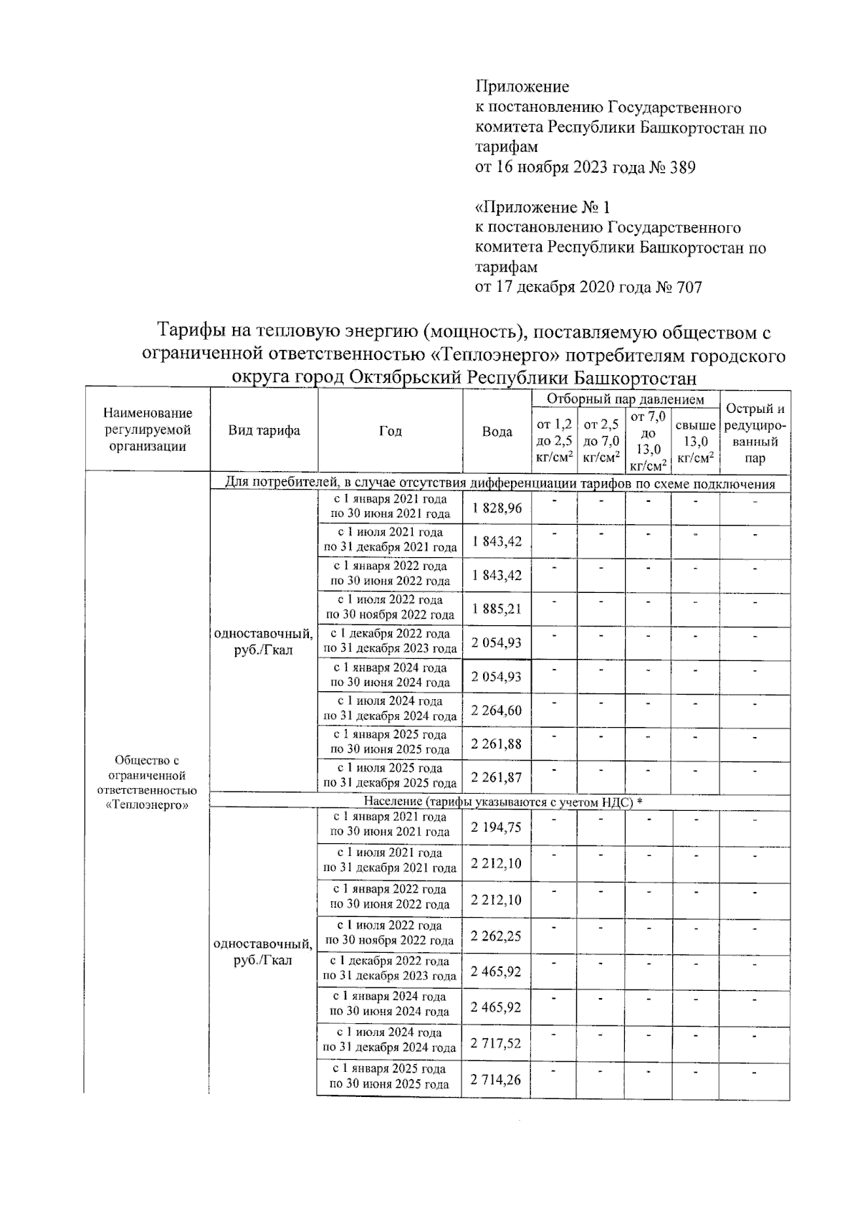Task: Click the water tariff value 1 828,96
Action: pos(497,508)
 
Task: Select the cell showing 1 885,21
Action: pos(497,609)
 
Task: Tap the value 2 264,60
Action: pos(497,711)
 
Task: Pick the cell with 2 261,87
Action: pos(497,777)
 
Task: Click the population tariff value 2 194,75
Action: pos(497,827)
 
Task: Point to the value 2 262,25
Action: pos(497,935)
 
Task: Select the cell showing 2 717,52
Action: pos(497,1043)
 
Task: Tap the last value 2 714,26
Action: pos(497,1079)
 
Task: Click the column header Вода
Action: pos(497,432)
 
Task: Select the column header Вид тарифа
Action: pos(264,430)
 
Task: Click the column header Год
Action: pos(390,431)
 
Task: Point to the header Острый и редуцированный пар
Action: pos(755,433)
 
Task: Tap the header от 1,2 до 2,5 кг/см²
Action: pos(555,441)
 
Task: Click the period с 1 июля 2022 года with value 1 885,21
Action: pos(390,607)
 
